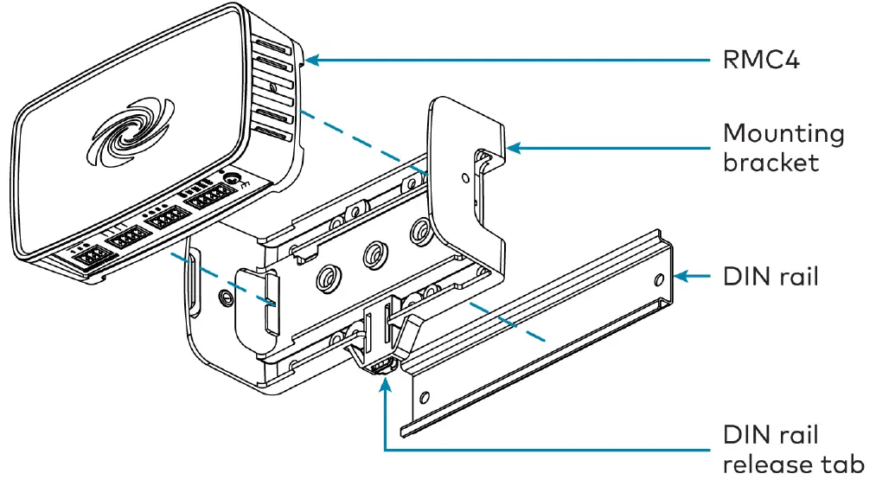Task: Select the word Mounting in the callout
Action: [783, 135]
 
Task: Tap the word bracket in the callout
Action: [770, 162]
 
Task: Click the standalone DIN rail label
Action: [770, 278]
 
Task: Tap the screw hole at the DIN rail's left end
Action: [425, 399]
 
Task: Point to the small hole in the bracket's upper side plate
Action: [466, 179]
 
